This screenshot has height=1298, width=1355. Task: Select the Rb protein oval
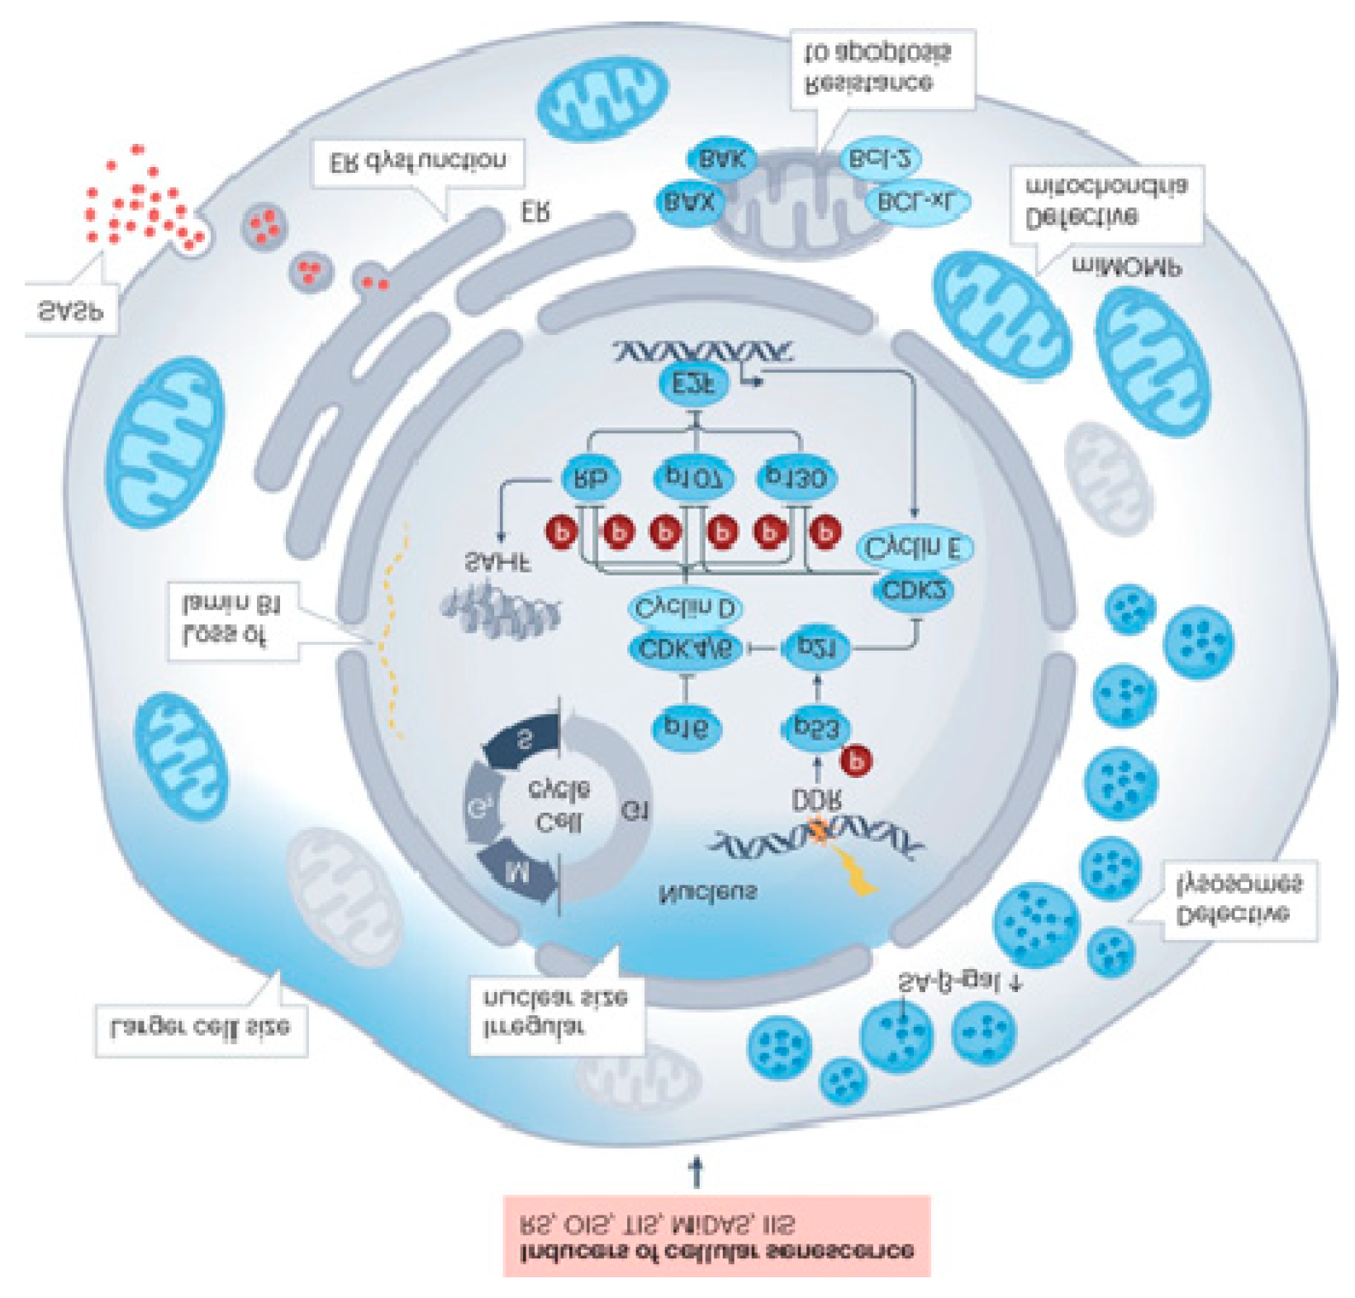[x=590, y=478]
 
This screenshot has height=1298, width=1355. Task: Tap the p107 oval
[x=693, y=478]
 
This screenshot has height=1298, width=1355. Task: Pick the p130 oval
[x=796, y=478]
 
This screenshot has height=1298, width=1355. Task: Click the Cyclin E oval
[x=914, y=546]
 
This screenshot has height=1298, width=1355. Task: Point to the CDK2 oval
[x=914, y=589]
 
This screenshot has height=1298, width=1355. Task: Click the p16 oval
[x=686, y=727]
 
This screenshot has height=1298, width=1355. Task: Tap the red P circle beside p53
[x=856, y=759]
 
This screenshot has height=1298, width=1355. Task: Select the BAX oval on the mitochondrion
[x=690, y=201]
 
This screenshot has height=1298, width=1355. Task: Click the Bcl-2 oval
[x=880, y=160]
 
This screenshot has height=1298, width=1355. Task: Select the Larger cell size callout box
[x=201, y=1029]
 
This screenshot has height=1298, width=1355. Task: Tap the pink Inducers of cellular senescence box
[x=716, y=1235]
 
